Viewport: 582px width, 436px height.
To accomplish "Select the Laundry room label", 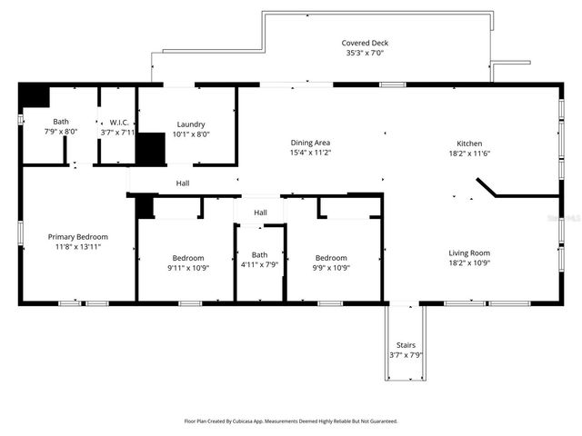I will point(191,124).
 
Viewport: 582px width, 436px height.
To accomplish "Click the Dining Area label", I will point(309,143).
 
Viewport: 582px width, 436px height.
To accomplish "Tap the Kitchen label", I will point(469,143).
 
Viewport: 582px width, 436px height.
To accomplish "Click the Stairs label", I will point(406,345).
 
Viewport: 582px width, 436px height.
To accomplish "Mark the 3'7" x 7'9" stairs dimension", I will point(406,355).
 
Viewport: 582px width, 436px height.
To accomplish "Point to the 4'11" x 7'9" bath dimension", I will point(260,265).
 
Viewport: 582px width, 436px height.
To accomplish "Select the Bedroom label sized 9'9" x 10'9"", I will point(331,257).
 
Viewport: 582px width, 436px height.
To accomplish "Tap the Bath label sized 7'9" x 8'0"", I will point(61,122).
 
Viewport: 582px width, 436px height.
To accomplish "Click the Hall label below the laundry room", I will point(183,183).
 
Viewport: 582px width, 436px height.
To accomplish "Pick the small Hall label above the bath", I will point(260,213).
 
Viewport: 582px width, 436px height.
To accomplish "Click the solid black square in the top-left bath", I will point(35,96).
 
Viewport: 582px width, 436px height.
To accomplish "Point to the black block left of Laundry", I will point(150,148).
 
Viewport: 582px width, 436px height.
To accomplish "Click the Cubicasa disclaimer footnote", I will point(291,421).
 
